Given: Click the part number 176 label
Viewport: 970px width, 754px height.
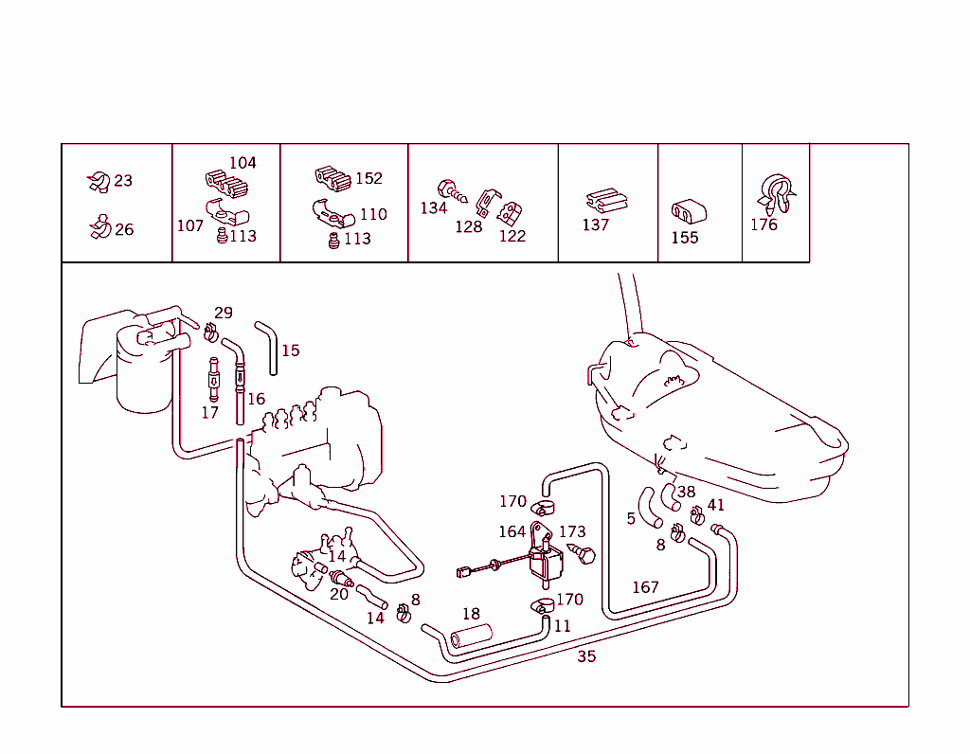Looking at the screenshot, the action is (x=763, y=224).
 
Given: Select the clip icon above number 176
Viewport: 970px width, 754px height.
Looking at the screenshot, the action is (x=776, y=194).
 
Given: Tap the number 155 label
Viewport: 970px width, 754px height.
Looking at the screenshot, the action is (x=684, y=238).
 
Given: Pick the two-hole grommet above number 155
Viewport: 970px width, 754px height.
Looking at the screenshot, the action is (x=689, y=211).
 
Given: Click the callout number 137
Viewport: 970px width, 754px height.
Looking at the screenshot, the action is (x=595, y=224).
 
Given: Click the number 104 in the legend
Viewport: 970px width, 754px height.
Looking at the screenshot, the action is (x=242, y=163).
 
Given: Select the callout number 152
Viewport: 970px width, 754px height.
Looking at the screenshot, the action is (x=368, y=178).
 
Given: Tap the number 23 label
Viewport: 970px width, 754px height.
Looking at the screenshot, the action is (x=123, y=181).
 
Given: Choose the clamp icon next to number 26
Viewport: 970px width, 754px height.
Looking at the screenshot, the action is (x=99, y=227).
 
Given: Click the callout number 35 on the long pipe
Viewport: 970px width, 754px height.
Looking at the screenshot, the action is (x=586, y=656).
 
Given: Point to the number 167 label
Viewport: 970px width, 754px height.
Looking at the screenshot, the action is (x=645, y=587).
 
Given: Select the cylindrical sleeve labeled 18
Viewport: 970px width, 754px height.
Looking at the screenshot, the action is (x=471, y=637).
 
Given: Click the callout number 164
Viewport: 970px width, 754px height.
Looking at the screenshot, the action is (x=512, y=531).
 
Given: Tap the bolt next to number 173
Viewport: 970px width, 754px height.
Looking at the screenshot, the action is (x=582, y=552).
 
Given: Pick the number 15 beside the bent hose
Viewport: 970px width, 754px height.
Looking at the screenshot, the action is (x=290, y=350).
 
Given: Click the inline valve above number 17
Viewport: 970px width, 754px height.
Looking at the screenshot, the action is (x=214, y=380).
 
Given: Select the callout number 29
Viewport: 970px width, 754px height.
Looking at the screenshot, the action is (x=224, y=313).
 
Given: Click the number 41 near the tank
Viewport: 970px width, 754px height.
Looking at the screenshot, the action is (x=715, y=505).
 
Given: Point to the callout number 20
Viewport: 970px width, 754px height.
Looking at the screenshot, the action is (x=339, y=595).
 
